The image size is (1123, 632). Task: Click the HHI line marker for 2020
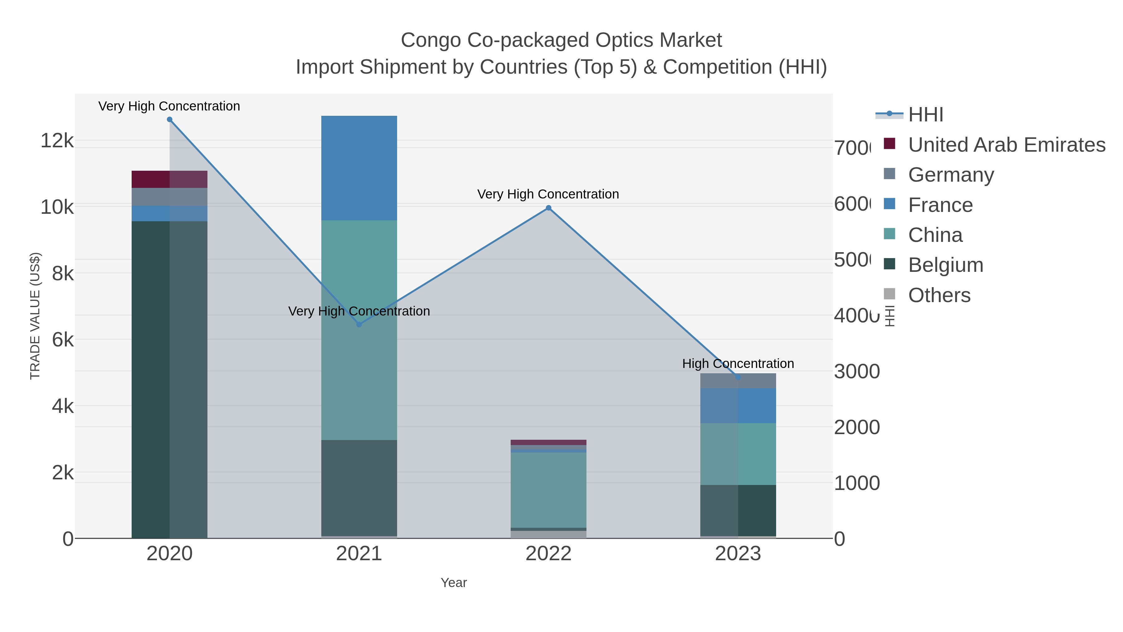[170, 120]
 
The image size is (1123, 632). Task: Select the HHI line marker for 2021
[359, 325]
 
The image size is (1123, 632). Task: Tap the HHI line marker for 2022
[548, 208]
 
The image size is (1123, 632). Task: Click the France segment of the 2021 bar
[359, 168]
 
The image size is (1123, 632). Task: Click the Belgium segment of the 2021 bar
[359, 487]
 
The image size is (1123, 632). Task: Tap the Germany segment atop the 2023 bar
[738, 381]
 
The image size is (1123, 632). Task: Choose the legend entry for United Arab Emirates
[1006, 145]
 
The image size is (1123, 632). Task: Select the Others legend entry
[939, 295]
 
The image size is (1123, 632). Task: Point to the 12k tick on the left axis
[57, 141]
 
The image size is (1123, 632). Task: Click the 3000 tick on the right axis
[857, 372]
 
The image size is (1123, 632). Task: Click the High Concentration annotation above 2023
[738, 363]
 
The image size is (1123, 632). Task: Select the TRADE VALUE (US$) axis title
[35, 316]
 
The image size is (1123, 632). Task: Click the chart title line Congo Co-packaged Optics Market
[561, 40]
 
